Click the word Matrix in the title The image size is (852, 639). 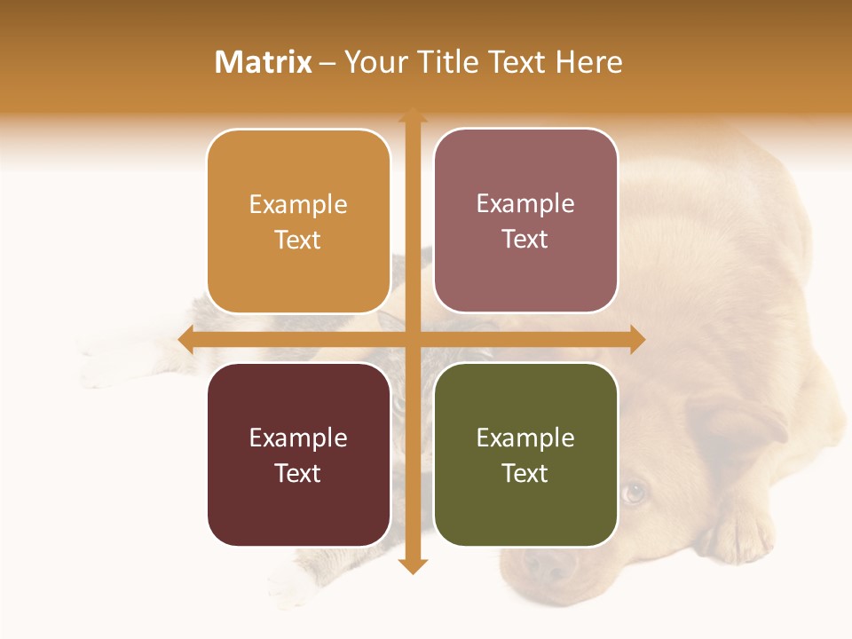263,62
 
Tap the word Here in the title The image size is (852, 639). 588,62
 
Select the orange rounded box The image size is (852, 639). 298,222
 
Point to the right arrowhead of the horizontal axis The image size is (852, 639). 637,339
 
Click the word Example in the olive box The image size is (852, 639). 525,438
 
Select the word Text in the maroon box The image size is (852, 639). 298,473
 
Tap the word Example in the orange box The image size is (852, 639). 298,204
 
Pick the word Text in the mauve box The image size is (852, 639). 525,239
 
